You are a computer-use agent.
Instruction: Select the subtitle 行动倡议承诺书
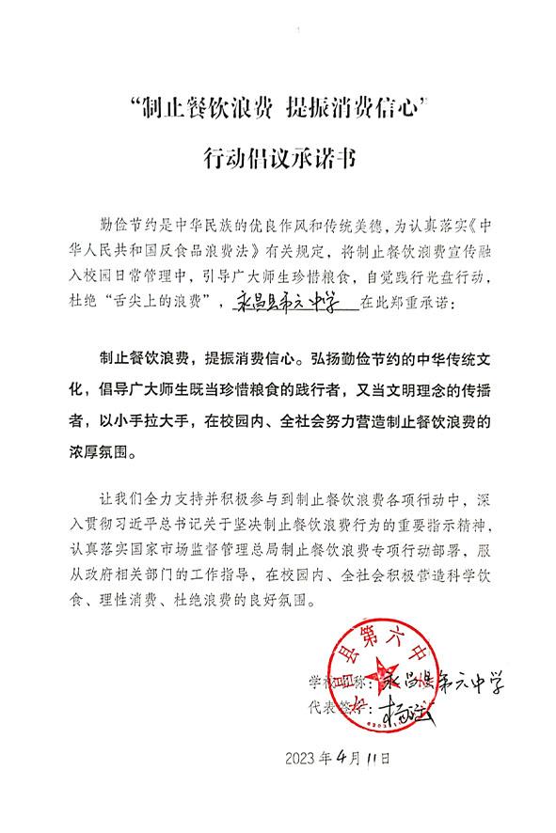coord(278,156)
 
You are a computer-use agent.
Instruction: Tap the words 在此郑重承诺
coord(415,304)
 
